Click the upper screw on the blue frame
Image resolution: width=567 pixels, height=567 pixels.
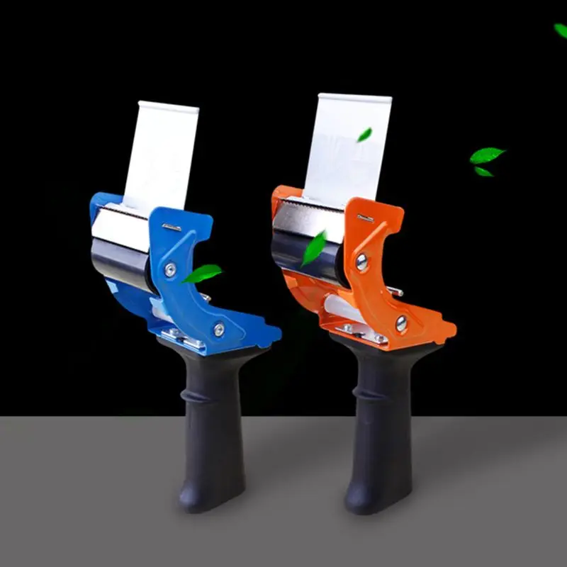pyautogui.click(x=170, y=270)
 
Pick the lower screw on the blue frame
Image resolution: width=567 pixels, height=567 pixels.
pyautogui.click(x=219, y=329)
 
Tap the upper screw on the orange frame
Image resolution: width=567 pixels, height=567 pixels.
pyautogui.click(x=362, y=262)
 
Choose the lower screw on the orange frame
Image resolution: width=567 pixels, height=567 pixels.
pyautogui.click(x=401, y=323)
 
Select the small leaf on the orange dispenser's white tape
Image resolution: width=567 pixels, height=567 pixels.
pyautogui.click(x=364, y=134)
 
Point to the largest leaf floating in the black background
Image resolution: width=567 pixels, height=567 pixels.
pyautogui.click(x=487, y=155)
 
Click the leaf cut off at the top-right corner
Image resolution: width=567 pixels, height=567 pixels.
pyautogui.click(x=561, y=30)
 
